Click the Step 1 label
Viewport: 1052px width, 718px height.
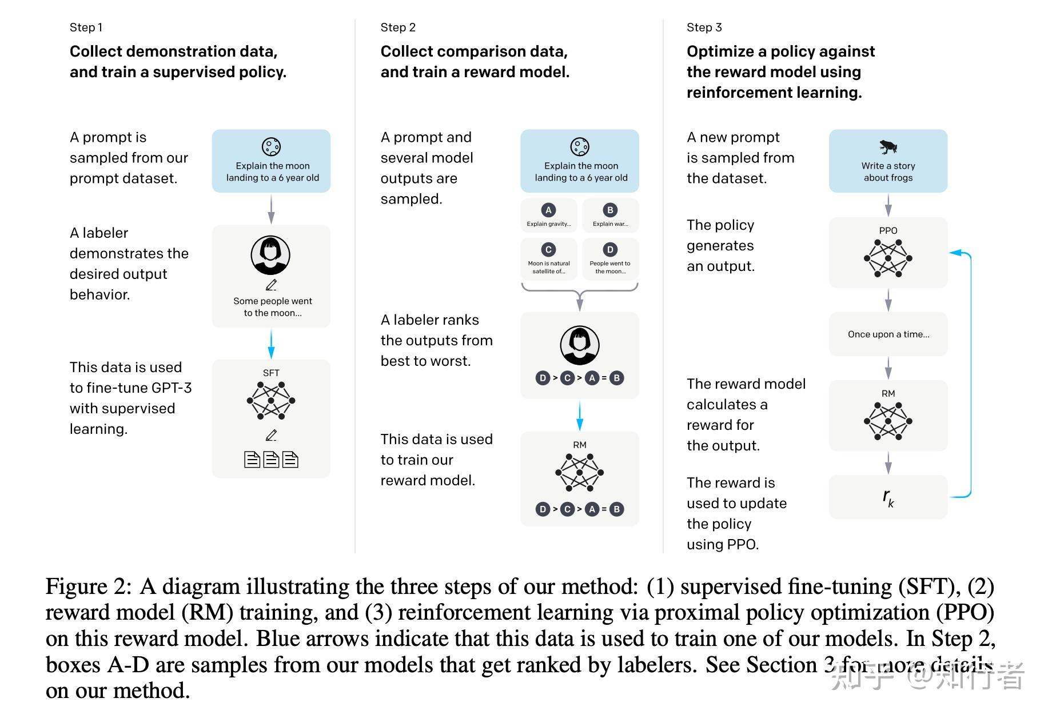(x=86, y=27)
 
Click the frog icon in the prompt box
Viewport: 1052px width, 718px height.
(x=888, y=147)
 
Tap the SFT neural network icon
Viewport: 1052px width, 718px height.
(x=271, y=400)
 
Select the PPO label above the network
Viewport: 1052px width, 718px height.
(x=888, y=230)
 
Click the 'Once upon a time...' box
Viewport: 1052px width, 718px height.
(x=888, y=334)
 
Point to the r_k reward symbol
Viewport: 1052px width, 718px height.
(x=888, y=497)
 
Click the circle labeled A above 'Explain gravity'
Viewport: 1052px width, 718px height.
(x=548, y=210)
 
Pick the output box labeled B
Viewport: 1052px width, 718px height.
(x=610, y=216)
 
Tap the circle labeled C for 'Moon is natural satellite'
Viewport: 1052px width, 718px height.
(x=548, y=249)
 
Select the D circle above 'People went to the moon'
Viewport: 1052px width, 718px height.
(x=610, y=249)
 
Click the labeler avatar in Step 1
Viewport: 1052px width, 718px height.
(x=270, y=255)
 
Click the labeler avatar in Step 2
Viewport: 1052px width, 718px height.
(x=580, y=345)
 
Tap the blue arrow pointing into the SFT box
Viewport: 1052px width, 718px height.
(x=271, y=345)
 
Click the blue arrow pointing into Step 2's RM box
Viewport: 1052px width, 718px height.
(x=580, y=416)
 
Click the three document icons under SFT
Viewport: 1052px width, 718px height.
(x=271, y=460)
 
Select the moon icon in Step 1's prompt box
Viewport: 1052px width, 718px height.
(x=271, y=147)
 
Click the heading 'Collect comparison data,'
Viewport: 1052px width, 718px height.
(x=474, y=51)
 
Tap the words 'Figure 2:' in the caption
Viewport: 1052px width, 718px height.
(x=89, y=587)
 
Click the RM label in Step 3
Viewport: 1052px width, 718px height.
(x=888, y=393)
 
